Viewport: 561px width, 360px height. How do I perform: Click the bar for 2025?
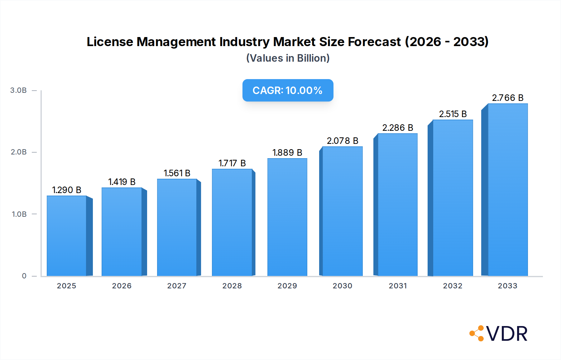[x=67, y=236]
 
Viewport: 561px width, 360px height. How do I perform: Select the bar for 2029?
[x=287, y=217]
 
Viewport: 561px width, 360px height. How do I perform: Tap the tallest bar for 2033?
[x=507, y=190]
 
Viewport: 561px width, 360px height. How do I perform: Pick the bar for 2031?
[x=397, y=205]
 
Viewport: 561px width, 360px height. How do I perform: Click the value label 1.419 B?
[x=122, y=182]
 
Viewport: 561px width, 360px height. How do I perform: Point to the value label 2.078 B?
[x=342, y=141]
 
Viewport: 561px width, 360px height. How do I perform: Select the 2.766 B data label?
[x=507, y=98]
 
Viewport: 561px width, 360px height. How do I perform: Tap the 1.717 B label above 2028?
[x=232, y=163]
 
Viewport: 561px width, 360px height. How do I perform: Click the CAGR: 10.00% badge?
[x=288, y=90]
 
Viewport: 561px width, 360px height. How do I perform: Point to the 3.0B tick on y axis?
[x=18, y=90]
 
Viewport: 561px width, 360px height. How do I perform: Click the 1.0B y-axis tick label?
[x=19, y=214]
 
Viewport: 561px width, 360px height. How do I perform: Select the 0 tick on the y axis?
[x=24, y=276]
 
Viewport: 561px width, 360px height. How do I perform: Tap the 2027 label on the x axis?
[x=177, y=286]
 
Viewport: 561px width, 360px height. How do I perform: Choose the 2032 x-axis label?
[x=453, y=286]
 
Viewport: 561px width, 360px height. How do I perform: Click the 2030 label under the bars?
[x=342, y=286]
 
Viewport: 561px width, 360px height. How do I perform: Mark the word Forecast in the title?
[x=374, y=42]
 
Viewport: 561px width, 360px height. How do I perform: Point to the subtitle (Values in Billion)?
[x=288, y=58]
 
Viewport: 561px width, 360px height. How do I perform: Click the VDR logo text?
[x=507, y=334]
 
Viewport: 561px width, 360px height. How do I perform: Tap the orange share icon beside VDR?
[x=477, y=334]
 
